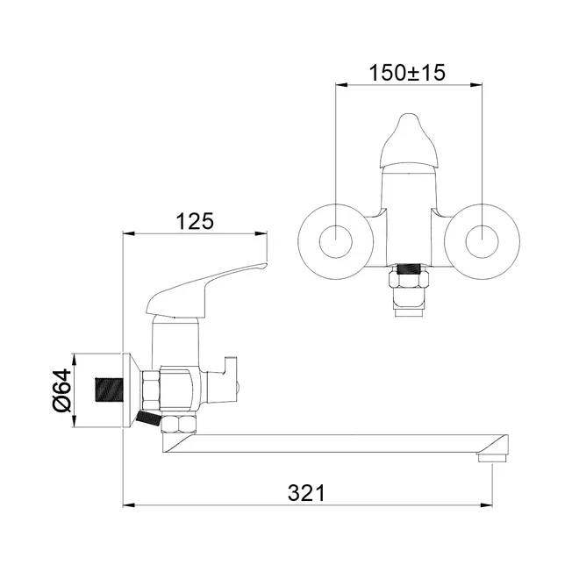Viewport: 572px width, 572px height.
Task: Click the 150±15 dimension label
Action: coord(407,73)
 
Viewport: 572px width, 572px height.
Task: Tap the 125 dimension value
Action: coord(195,221)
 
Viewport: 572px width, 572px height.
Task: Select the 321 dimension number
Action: coord(306,493)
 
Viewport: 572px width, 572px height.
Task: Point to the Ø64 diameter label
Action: coord(62,390)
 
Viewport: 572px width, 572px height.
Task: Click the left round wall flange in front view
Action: coord(336,242)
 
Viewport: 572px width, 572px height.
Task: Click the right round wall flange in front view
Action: coord(483,242)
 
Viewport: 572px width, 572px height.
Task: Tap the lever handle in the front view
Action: coord(409,141)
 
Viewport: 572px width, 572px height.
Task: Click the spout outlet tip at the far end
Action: coord(492,457)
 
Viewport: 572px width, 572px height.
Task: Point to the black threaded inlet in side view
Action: coord(110,390)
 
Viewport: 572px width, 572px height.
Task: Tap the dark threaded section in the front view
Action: coord(409,269)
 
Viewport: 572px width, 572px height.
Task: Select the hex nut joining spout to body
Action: coord(179,424)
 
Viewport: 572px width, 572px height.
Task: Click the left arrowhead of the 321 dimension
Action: coord(129,505)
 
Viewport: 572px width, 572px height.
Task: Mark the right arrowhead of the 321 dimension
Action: coord(487,505)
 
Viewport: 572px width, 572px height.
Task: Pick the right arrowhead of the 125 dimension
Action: coord(261,233)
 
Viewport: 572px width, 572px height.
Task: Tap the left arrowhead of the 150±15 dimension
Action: coord(342,84)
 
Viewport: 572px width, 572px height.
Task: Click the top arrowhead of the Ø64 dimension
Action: coord(75,359)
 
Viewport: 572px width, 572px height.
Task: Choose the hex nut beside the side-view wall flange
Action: coord(152,390)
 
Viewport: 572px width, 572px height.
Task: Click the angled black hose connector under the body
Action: coord(147,418)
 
